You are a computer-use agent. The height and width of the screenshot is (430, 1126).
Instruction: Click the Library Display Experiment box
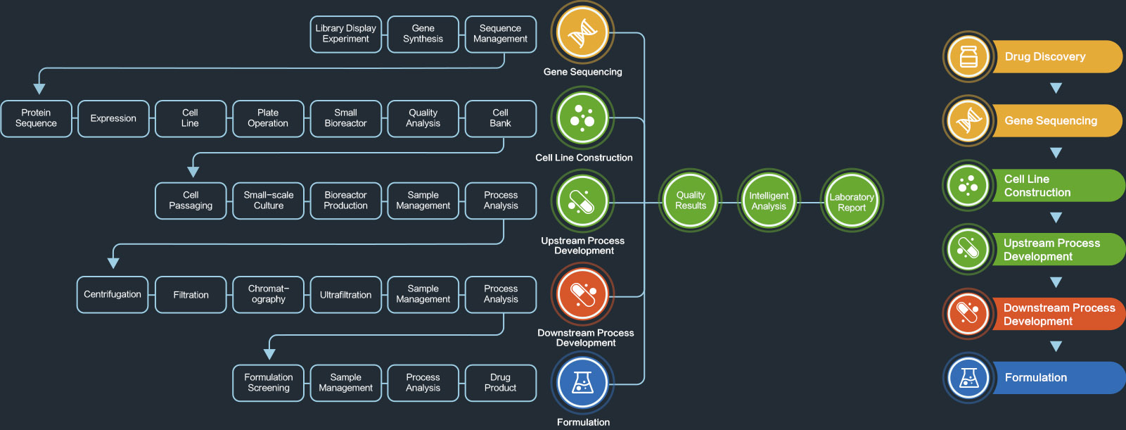345,34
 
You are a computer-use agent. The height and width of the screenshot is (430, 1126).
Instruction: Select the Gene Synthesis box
423,34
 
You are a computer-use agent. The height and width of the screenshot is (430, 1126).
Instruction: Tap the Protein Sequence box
36,118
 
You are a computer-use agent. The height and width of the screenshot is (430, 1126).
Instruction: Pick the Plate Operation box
268,118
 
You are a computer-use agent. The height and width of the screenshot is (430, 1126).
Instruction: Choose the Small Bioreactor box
345,118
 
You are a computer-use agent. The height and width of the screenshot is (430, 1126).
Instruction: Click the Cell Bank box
500,118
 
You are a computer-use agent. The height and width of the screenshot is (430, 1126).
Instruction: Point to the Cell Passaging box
191,201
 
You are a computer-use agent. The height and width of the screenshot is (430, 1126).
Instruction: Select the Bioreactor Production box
345,201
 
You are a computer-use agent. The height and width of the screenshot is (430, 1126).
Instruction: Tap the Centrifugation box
113,294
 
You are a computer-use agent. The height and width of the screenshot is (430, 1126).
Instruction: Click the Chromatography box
268,294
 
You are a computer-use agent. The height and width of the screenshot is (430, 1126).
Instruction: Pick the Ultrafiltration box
345,294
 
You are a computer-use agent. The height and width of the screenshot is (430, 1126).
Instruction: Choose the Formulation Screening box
268,383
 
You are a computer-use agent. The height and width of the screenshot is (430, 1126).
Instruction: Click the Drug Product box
500,383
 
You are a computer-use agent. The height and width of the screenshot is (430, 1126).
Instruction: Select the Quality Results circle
691,201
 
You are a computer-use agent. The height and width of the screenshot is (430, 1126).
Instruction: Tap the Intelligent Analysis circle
769,201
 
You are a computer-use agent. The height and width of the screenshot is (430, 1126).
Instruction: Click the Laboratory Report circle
852,202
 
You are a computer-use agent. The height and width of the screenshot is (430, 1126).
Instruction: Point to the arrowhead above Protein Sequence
39,89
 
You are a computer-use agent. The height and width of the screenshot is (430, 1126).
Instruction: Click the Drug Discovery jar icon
968,56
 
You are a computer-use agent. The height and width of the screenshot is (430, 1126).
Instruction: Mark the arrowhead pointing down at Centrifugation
113,263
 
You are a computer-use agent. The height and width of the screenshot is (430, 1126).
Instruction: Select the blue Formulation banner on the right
1055,378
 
